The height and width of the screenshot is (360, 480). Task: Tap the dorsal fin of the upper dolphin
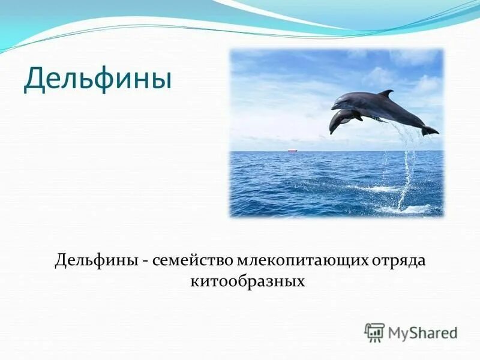coord(385,94)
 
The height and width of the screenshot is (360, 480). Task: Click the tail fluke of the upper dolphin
coord(430,130)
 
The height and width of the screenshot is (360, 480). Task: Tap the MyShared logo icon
coord(374,332)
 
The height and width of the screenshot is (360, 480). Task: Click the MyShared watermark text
coord(422,332)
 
